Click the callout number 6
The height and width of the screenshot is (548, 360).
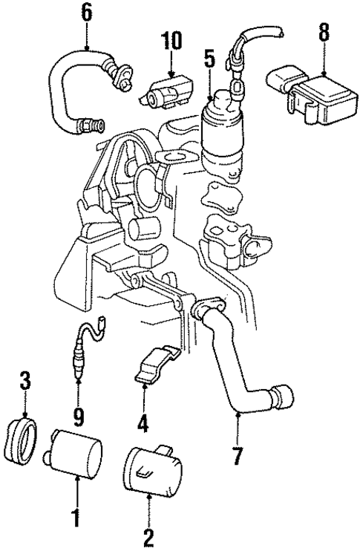click(x=88, y=13)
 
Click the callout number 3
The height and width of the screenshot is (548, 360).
click(x=25, y=384)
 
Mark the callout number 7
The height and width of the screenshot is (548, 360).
click(x=237, y=455)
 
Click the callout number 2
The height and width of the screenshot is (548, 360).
click(x=148, y=534)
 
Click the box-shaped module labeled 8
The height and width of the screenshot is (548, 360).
click(x=316, y=97)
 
